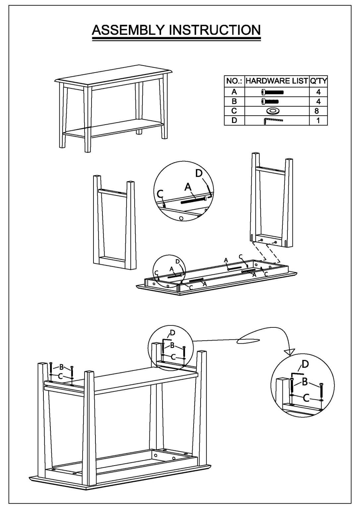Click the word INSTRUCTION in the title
215,30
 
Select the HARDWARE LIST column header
276,81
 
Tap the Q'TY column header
318,81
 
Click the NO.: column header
234,81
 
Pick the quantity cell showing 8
318,111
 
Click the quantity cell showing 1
318,120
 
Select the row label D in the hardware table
234,120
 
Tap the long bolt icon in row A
272,92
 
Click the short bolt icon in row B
270,101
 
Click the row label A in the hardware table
234,92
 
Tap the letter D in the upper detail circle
199,173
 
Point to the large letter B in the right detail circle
305,382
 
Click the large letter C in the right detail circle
306,398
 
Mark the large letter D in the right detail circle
305,364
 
